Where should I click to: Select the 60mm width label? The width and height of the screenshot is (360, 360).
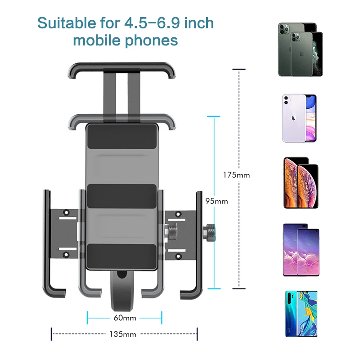click(x=124, y=318)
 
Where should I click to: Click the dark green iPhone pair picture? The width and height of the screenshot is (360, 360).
click(x=300, y=49)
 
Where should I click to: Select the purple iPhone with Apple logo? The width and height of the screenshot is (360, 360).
click(x=299, y=118)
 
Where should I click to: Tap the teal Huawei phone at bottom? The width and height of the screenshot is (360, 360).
click(x=300, y=314)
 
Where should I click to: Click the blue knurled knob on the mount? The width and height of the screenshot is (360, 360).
click(x=210, y=233)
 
